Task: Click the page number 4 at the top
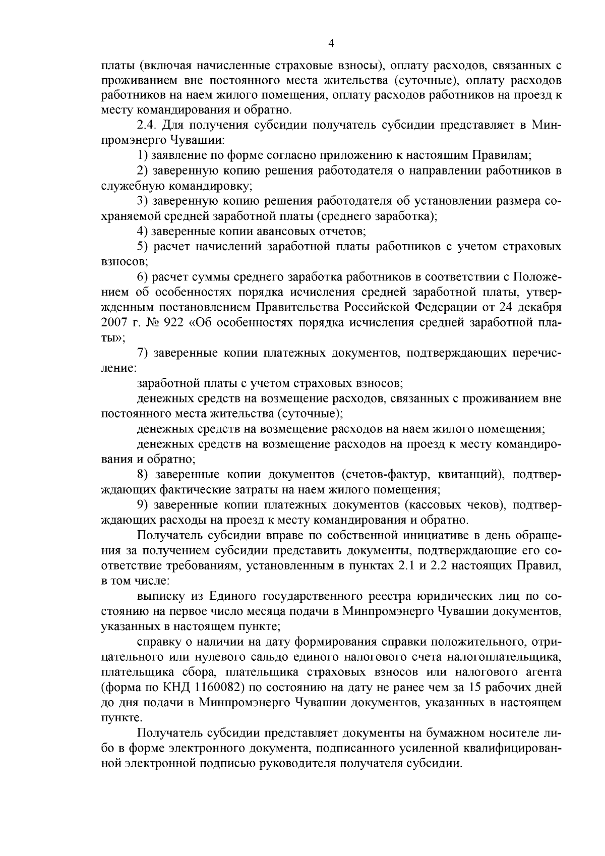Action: [x=331, y=43]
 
